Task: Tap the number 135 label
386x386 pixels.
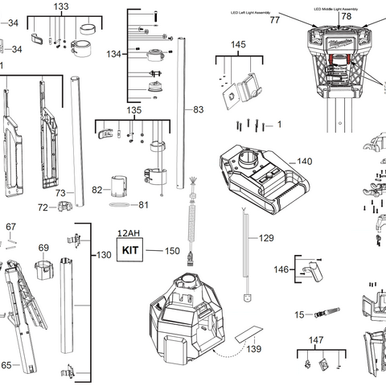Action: pos(133,110)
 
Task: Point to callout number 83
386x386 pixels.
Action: pos(199,108)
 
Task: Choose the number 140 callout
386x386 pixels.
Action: pos(304,162)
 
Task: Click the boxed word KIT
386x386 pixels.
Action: pos(129,250)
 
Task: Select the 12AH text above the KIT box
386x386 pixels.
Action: pos(128,233)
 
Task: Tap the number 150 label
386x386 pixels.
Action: pos(172,251)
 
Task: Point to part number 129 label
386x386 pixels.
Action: pos(265,239)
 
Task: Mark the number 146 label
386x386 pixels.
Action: pos(281,269)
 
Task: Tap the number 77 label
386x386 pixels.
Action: pos(274,20)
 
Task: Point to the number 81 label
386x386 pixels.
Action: pos(144,205)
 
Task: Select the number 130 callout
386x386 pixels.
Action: pos(105,255)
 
